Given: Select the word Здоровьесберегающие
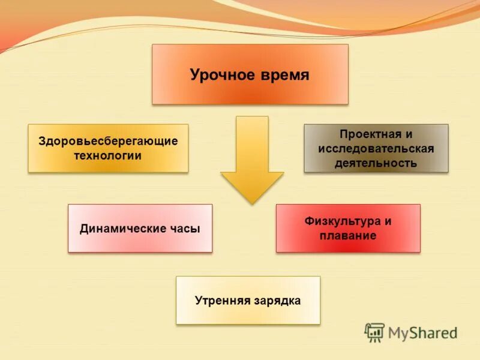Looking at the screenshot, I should (108, 142).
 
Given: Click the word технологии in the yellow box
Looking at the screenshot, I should (108, 156).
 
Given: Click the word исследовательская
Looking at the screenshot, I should (376, 149).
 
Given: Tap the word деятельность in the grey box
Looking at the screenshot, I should (376, 163).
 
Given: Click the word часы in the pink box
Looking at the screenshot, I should (184, 229).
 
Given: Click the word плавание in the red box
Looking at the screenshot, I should (348, 236).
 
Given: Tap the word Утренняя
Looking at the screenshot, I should (221, 300).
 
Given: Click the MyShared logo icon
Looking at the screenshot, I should (374, 332).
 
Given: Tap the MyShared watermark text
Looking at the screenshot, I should (422, 332).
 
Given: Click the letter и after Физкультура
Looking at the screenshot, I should (388, 221).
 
